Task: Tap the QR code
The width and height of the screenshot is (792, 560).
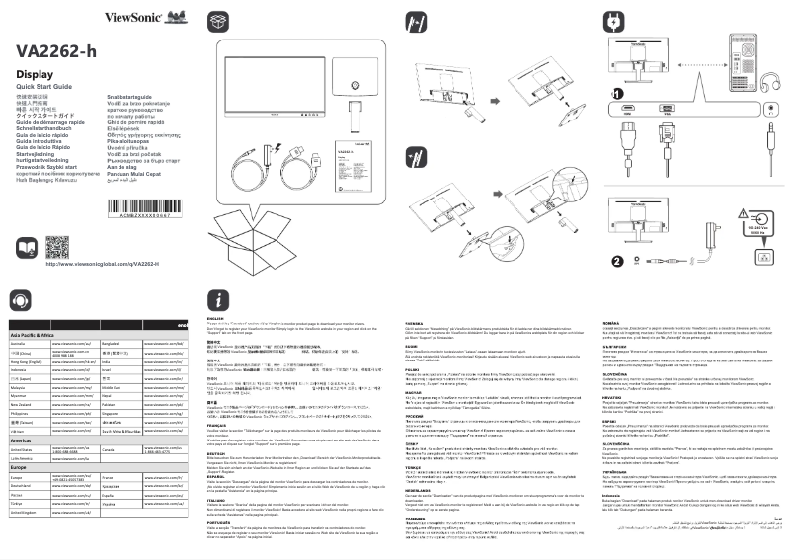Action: click(57, 246)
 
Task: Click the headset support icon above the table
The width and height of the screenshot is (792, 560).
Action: click(20, 300)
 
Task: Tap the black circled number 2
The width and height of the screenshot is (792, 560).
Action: click(617, 261)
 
